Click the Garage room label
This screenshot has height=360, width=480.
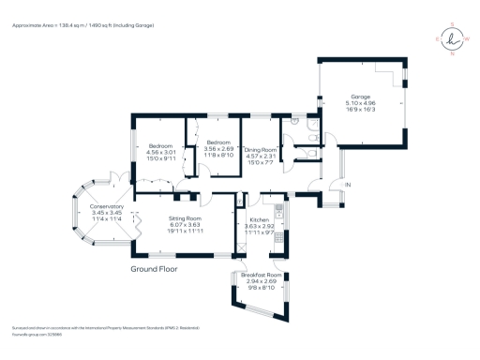(x=361, y=96)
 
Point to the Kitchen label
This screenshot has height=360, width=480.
(x=258, y=218)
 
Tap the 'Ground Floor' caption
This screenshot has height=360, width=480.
(x=154, y=267)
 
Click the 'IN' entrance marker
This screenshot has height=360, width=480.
(x=347, y=186)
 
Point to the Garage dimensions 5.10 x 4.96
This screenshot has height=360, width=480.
(x=361, y=102)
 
